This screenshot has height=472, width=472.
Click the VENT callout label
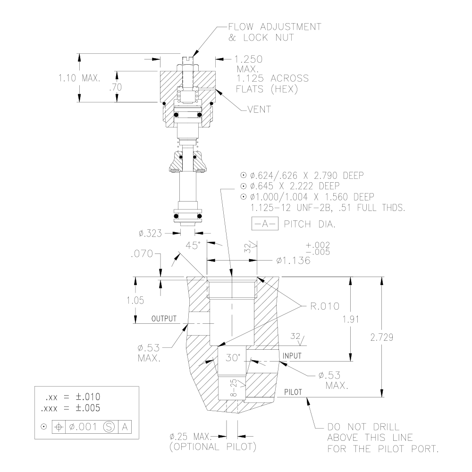[x=259, y=110]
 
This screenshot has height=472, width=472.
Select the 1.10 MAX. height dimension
[x=79, y=78]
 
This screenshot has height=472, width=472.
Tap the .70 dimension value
[x=116, y=87]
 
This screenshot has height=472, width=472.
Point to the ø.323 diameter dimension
[x=150, y=233]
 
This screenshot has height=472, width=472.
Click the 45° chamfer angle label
[x=193, y=245]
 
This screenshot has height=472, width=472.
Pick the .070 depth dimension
[x=142, y=254]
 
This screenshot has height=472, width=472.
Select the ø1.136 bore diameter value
[x=294, y=261]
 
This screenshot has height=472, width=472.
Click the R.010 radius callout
[x=325, y=306]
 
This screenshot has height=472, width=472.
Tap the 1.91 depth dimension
[x=351, y=320]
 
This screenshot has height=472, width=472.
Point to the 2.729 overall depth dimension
[x=382, y=337]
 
